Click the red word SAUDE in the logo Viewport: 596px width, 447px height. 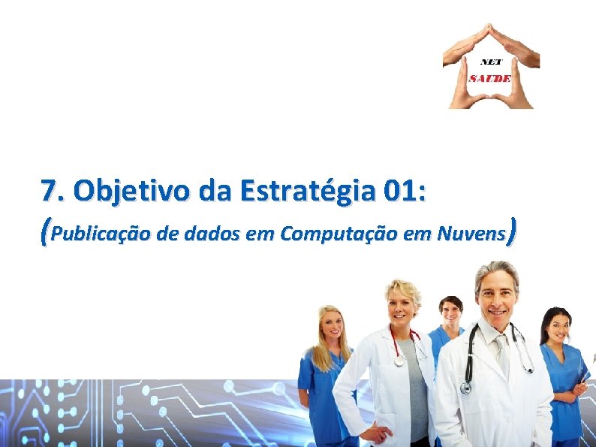coord(490,77)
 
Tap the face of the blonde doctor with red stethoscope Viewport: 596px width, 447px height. coord(402,304)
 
